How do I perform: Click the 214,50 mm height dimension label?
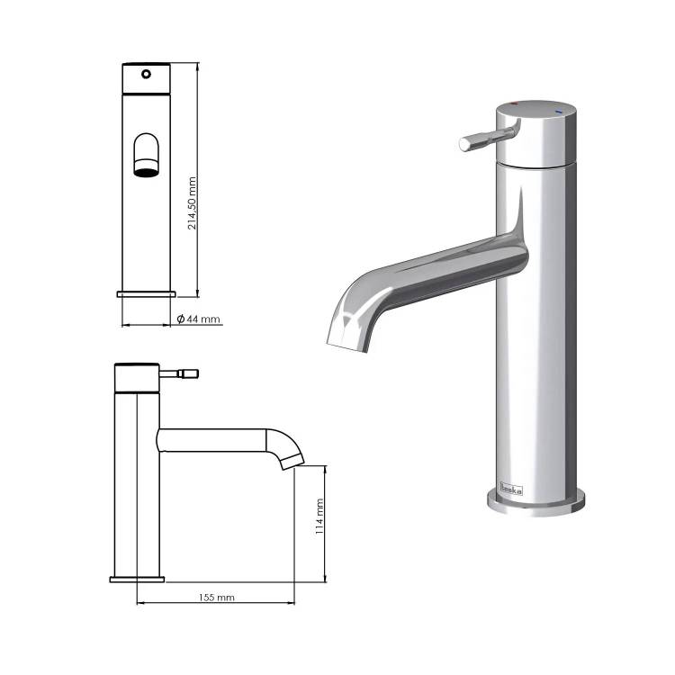click(x=192, y=202)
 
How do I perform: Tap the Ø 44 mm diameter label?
click(x=199, y=319)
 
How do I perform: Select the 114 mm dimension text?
click(x=319, y=517)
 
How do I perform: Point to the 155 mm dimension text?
click(x=217, y=598)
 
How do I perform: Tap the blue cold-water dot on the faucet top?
click(x=558, y=112)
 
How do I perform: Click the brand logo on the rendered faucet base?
click(x=511, y=489)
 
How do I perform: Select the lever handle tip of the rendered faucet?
click(x=465, y=145)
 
